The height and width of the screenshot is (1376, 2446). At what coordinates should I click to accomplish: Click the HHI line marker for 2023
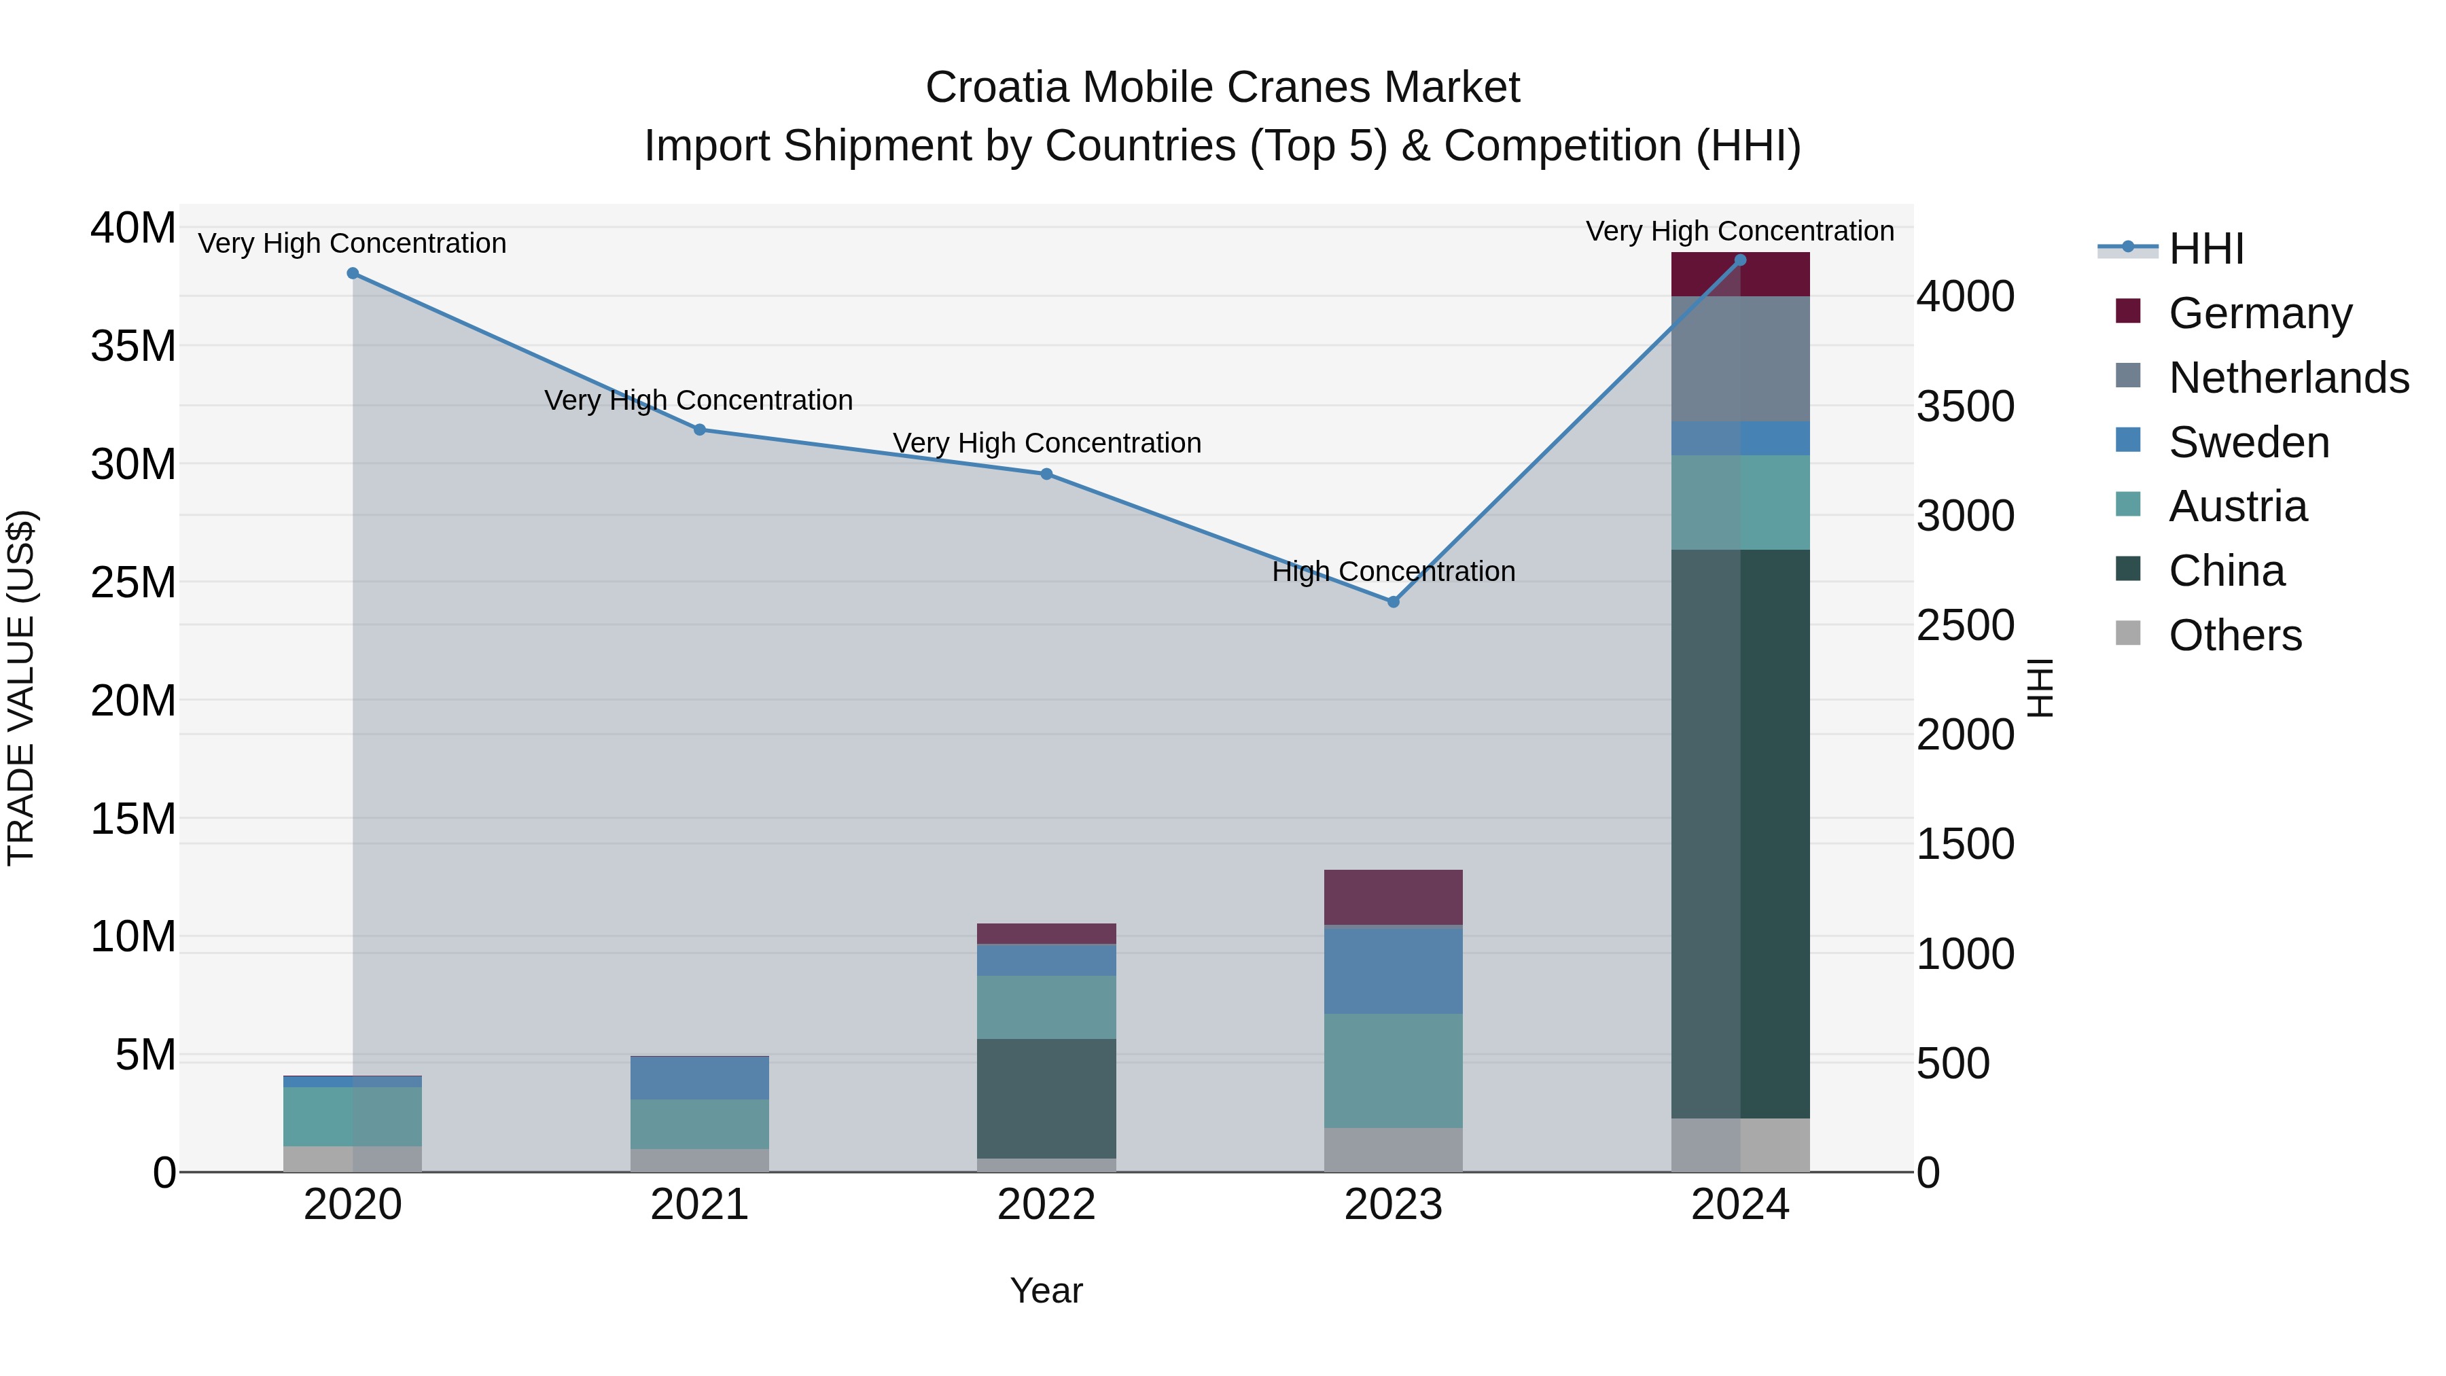[x=1393, y=601]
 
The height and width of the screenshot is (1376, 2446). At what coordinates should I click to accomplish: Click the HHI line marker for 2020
[x=352, y=273]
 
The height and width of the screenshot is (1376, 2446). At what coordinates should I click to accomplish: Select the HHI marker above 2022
[x=1046, y=474]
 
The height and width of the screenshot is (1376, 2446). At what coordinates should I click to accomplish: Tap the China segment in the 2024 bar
[x=1739, y=834]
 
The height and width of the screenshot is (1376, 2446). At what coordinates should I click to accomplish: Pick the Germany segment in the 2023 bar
[x=1393, y=898]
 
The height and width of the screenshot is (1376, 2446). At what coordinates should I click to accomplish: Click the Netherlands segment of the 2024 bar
[x=1739, y=359]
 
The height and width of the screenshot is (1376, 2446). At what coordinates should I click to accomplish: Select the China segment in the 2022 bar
[x=1046, y=1098]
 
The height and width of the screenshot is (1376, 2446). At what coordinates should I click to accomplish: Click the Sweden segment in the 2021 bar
[x=699, y=1078]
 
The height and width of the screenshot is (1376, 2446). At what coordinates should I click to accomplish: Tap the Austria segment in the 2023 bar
[x=1393, y=1070]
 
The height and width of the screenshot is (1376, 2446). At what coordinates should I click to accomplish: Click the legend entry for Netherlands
[x=2288, y=378]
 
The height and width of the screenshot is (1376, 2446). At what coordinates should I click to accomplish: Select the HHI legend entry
[x=2205, y=249]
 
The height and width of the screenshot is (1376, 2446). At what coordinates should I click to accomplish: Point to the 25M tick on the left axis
[x=133, y=582]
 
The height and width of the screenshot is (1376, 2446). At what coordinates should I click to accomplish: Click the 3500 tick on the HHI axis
[x=1964, y=406]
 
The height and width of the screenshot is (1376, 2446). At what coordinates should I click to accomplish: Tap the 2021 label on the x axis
[x=699, y=1205]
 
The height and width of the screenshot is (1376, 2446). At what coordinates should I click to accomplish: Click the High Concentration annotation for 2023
[x=1393, y=571]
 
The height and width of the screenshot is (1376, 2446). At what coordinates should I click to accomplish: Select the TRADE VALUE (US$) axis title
[x=21, y=688]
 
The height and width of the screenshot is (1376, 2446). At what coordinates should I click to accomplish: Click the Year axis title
[x=1046, y=1290]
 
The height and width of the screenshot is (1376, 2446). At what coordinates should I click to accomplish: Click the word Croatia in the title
[x=997, y=88]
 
